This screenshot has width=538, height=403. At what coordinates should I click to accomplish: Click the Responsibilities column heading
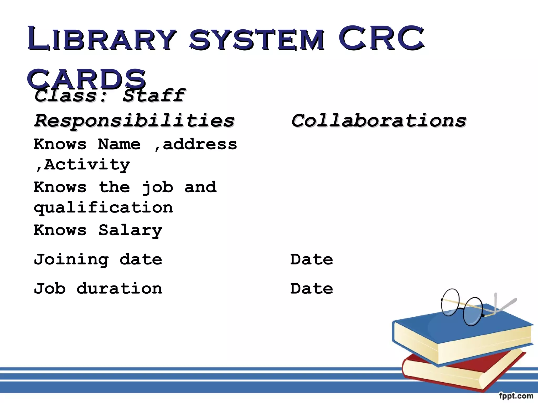[x=134, y=121]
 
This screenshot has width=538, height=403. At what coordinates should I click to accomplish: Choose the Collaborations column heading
[x=379, y=121]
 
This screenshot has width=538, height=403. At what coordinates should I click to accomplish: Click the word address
[x=200, y=144]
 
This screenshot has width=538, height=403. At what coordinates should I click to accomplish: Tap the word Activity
[x=87, y=165]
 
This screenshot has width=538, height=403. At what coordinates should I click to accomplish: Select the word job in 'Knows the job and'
[x=157, y=188]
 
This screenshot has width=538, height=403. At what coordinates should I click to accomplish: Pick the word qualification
[x=103, y=208]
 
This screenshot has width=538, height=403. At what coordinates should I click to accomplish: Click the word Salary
[x=130, y=230]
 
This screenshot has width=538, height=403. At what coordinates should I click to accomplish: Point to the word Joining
[x=71, y=259]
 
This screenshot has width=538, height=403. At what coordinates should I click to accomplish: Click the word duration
[x=120, y=289]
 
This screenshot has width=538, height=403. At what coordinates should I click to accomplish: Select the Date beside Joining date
[x=312, y=259]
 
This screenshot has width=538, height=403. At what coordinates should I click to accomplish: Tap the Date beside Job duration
[x=312, y=289]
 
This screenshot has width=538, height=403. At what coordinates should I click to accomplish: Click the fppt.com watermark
[x=516, y=396]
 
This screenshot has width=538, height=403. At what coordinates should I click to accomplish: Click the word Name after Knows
[x=119, y=144]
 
